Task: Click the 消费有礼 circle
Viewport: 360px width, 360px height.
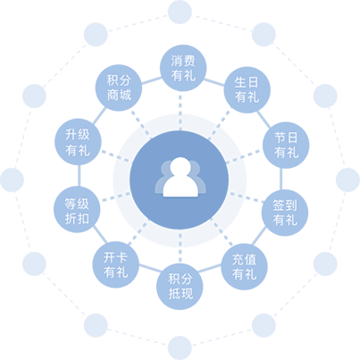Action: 183,68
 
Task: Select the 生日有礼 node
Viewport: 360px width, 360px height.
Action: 247,89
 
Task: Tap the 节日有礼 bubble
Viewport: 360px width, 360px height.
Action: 286,145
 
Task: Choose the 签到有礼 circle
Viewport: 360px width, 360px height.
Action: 285,213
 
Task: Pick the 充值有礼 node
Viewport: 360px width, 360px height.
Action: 244,267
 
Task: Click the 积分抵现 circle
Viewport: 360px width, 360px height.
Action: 180,287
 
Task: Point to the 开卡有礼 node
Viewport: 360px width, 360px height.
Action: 115,264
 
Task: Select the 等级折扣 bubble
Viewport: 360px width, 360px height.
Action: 77,209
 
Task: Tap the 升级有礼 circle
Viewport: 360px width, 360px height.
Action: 78,142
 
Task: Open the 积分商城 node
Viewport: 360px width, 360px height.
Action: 119,88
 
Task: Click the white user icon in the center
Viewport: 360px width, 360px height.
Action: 180,177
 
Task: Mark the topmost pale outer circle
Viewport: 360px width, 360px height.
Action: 180,12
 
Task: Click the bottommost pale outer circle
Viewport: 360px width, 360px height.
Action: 180,347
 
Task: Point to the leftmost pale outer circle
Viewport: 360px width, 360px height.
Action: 12,180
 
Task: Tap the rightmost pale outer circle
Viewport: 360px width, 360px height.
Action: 347,180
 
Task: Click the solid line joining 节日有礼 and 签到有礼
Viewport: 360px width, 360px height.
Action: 280,179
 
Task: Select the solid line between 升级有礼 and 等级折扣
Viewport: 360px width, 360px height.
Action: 79,176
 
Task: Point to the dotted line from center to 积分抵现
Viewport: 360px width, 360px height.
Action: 180,247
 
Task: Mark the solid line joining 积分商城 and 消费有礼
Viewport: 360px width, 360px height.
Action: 151,80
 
